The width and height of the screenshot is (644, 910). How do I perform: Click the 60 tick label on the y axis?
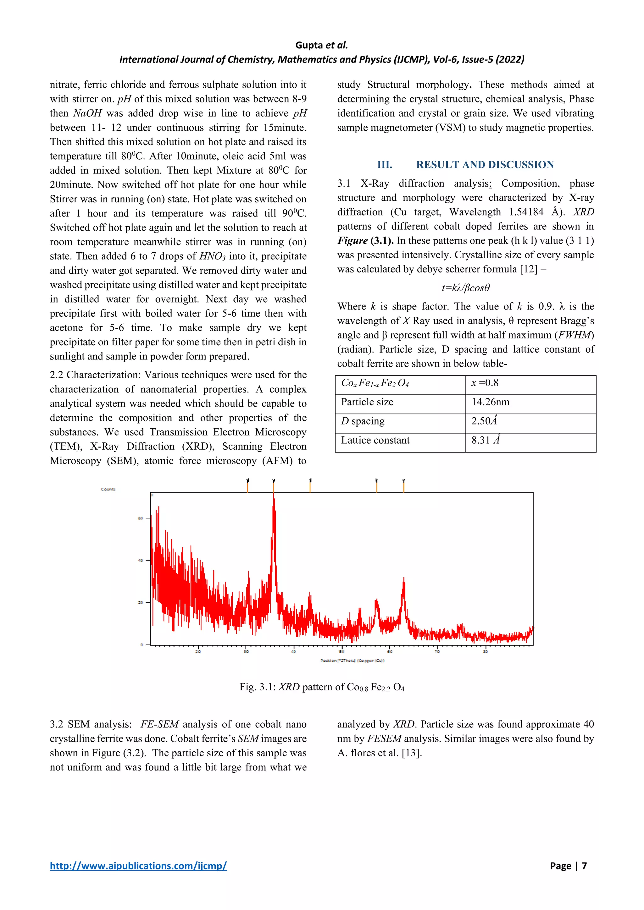tap(140, 518)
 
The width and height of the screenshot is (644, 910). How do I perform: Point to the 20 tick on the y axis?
tap(140, 603)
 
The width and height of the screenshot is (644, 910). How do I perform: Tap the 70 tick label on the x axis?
tap(437, 652)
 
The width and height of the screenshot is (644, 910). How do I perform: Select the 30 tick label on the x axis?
tap(246, 652)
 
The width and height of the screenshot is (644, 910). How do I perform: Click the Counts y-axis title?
tap(108, 489)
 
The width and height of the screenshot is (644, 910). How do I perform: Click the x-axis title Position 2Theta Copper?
tap(353, 661)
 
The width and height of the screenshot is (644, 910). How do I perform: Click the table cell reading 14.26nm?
tap(490, 402)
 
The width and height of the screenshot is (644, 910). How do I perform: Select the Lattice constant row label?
tap(375, 440)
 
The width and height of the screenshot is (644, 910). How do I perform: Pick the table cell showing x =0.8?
tap(485, 383)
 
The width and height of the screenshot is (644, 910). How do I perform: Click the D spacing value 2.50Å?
tap(484, 421)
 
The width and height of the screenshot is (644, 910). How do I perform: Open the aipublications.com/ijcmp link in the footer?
tap(138, 866)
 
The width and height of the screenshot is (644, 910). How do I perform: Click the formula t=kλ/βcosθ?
tap(466, 288)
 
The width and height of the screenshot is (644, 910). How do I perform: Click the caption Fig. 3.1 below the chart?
tap(322, 687)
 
